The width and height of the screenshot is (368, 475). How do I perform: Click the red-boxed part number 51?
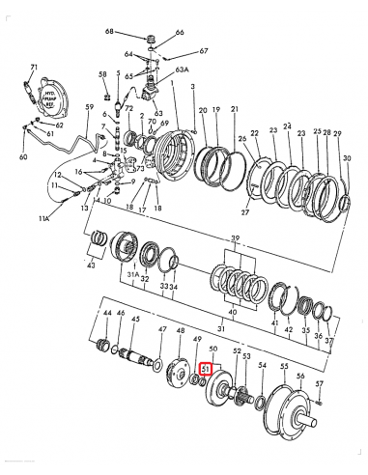(204, 369)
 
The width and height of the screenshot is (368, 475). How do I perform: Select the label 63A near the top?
(181, 70)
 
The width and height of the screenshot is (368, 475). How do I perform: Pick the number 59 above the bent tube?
(89, 107)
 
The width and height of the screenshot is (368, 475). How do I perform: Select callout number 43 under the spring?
(90, 265)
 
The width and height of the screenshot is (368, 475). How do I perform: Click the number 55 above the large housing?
(284, 367)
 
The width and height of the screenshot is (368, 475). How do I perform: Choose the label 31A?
(134, 278)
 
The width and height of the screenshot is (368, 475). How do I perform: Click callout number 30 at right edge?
(348, 157)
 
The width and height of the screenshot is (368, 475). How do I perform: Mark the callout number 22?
(255, 133)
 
